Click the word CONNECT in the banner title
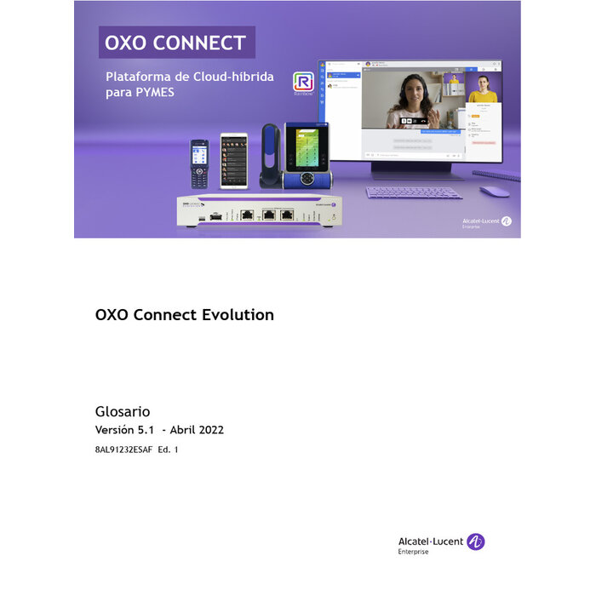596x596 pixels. pyautogui.click(x=203, y=43)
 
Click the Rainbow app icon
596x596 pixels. pyautogui.click(x=302, y=82)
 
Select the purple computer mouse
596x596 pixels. pyautogui.click(x=495, y=192)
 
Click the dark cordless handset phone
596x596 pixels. pyautogui.click(x=198, y=163)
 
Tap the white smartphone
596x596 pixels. pyautogui.click(x=234, y=160)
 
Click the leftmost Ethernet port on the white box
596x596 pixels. pyautogui.click(x=247, y=215)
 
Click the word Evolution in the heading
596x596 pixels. pyautogui.click(x=238, y=315)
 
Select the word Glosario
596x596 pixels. pyautogui.click(x=123, y=411)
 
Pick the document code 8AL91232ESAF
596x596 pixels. pyautogui.click(x=123, y=449)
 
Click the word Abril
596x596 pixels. pyautogui.click(x=181, y=430)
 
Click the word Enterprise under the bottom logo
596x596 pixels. pyautogui.click(x=414, y=552)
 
